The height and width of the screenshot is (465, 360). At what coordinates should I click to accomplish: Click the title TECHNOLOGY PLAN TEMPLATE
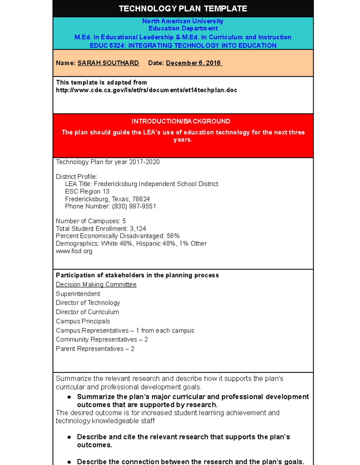click(x=183, y=9)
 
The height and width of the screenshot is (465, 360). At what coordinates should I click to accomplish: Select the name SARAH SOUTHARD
click(x=108, y=63)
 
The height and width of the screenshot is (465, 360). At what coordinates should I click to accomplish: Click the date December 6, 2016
click(x=193, y=63)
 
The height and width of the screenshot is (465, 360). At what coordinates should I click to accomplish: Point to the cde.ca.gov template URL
click(x=146, y=90)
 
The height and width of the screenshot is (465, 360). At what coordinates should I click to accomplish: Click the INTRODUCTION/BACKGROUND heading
click(x=181, y=121)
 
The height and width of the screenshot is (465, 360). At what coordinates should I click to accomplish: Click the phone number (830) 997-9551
click(x=134, y=206)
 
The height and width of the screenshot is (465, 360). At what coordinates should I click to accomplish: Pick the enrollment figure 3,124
click(x=138, y=229)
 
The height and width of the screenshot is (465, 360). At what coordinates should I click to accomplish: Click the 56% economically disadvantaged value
click(x=173, y=236)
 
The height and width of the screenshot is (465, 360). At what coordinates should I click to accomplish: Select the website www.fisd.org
click(x=74, y=251)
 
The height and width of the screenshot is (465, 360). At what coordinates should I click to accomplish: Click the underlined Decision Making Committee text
click(x=96, y=284)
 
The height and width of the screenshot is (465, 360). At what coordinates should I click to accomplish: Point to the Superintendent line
click(x=78, y=294)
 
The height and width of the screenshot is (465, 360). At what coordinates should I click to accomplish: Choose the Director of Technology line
click(x=88, y=303)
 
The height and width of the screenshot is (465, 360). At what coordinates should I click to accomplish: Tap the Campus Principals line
click(x=83, y=321)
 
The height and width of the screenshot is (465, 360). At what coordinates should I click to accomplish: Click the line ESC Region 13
click(x=87, y=192)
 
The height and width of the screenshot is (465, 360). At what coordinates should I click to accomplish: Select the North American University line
click(x=183, y=21)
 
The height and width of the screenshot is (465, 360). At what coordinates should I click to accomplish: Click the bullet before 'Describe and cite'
click(x=69, y=437)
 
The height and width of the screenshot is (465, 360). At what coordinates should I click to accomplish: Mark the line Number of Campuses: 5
click(x=91, y=221)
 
